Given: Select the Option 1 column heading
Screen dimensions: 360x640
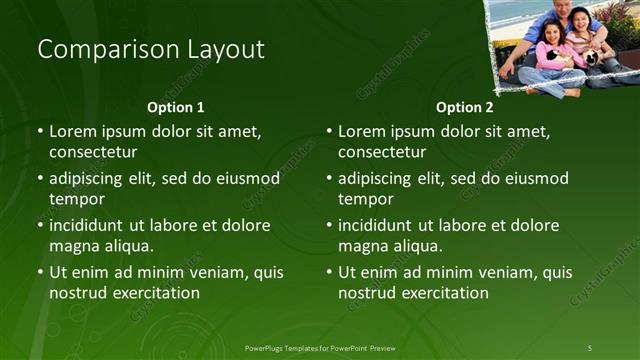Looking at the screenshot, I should pyautogui.click(x=176, y=107).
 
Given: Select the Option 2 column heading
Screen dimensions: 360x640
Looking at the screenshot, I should pyautogui.click(x=465, y=107).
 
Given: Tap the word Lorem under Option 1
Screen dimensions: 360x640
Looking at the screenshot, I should pyautogui.click(x=73, y=131).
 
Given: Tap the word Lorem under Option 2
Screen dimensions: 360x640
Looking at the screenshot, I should pyautogui.click(x=362, y=131).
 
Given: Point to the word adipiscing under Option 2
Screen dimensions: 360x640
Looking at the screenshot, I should pyautogui.click(x=378, y=179).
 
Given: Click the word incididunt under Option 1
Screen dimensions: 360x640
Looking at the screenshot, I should pyautogui.click(x=90, y=225).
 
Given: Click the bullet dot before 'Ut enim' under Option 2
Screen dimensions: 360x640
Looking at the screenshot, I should pyautogui.click(x=329, y=272).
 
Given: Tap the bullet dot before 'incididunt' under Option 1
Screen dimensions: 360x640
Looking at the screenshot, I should pyautogui.click(x=40, y=225).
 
